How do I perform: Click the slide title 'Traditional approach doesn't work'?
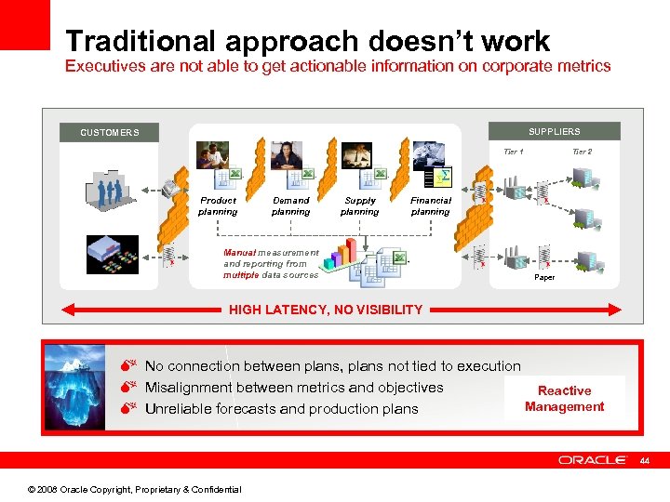point(308,41)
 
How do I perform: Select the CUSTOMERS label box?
point(110,133)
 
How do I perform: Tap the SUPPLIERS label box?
point(554,132)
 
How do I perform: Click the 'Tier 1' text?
point(513,152)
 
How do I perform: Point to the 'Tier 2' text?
point(582,152)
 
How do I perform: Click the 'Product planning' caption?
point(218,205)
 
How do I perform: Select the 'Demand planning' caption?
point(290,205)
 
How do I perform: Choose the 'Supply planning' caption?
point(360,205)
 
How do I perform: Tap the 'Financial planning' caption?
point(431,205)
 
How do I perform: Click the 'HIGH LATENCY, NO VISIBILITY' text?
point(326,310)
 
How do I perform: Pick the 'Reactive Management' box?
point(564,399)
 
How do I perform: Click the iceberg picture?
point(76,388)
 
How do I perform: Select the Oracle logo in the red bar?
point(593,460)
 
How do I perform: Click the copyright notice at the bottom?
point(135,489)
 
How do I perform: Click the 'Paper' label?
point(544,277)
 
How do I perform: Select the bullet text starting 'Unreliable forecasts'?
point(281,409)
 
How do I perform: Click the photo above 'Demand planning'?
point(287,154)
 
